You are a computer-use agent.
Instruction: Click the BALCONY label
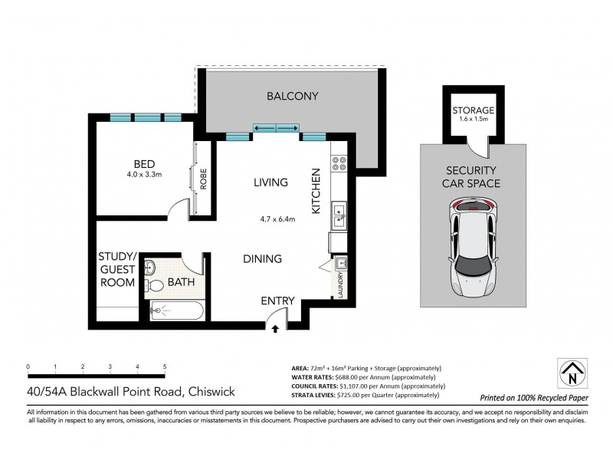(292, 96)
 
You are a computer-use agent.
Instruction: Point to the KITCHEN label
(314, 190)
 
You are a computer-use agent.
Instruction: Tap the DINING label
(263, 259)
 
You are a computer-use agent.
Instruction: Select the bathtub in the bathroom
(175, 312)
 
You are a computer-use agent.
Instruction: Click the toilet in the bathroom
(156, 285)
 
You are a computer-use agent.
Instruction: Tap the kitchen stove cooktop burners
(339, 164)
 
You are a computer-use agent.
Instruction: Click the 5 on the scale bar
(165, 367)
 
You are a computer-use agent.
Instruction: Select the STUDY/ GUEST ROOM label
(117, 269)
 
